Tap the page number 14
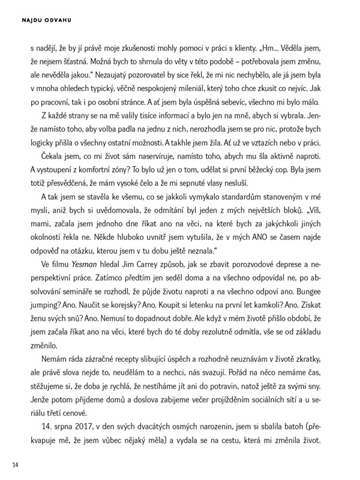[x=17, y=464]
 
